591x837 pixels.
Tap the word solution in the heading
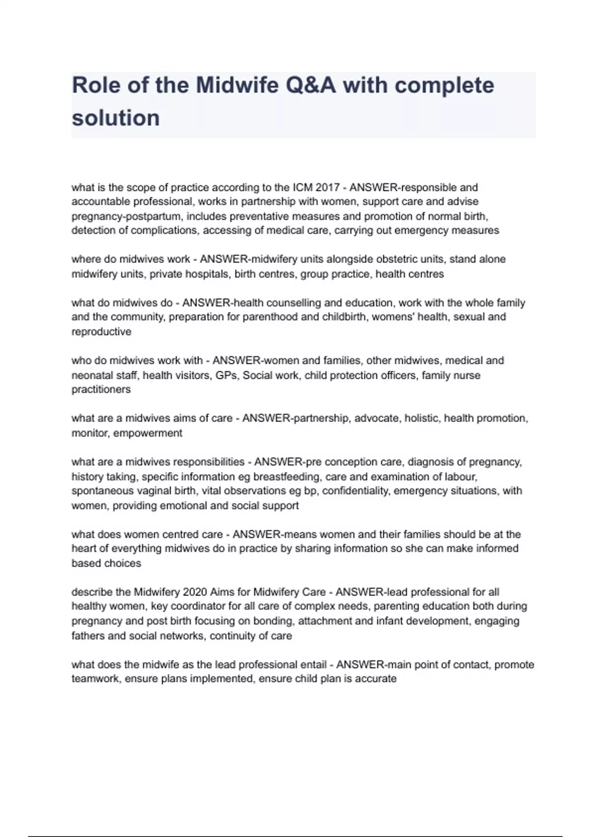coord(116,118)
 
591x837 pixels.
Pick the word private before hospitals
coord(165,274)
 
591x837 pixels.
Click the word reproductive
coord(101,332)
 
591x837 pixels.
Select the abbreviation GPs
coord(226,375)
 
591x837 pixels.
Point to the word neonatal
coord(92,375)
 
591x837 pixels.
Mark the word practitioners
coord(101,389)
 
